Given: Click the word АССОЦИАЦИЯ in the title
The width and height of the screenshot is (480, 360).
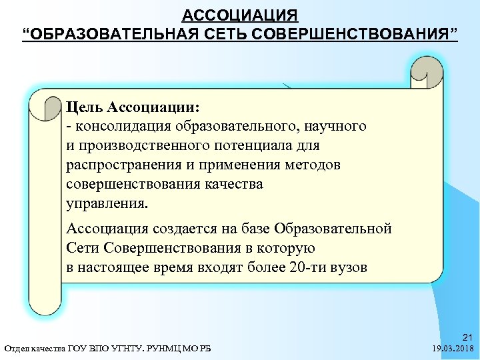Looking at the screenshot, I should click(240, 15).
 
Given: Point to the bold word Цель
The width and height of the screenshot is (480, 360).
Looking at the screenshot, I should click(85, 107).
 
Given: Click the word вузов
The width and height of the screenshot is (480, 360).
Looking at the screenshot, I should click(349, 268).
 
